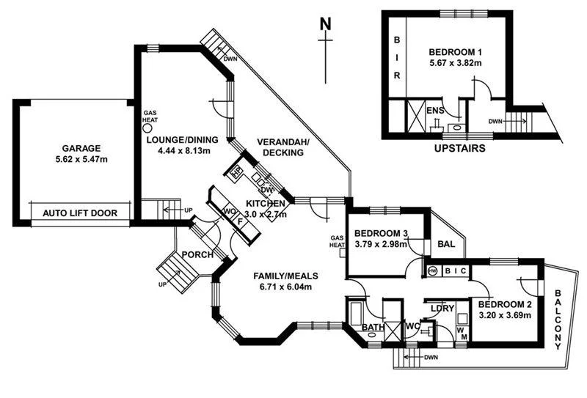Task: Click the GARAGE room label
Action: [71, 147]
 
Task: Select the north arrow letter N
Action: [326, 23]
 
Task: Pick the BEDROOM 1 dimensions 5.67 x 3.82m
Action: [456, 64]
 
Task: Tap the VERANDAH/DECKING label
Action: [284, 147]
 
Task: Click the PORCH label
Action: [198, 255]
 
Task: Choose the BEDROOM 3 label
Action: [381, 235]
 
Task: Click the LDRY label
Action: [441, 308]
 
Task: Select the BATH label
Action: [373, 327]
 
